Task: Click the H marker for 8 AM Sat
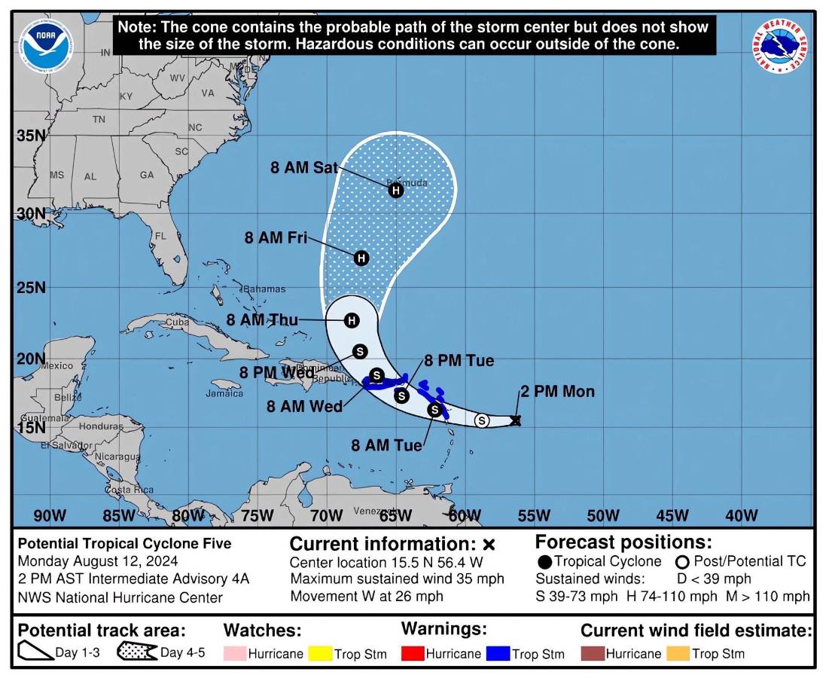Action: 396,190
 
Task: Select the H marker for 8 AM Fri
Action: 361,258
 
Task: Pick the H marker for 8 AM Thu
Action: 351,321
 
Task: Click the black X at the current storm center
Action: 516,420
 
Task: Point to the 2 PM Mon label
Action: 557,391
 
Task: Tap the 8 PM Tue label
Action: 459,361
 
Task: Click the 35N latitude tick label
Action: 31,136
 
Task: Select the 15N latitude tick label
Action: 31,427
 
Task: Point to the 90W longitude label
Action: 50,516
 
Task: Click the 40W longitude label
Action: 741,516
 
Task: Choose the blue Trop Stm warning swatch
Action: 498,653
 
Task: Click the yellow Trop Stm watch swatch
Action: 321,653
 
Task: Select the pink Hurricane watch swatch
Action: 235,653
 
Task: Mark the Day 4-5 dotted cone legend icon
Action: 136,652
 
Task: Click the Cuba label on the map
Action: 176,322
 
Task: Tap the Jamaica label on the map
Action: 225,392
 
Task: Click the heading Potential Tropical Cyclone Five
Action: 124,543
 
